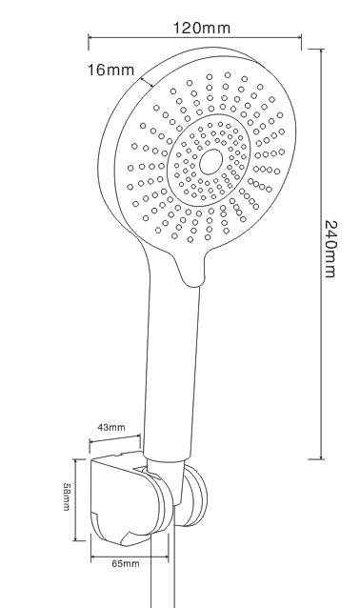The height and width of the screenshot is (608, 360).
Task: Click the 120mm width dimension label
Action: [201, 28]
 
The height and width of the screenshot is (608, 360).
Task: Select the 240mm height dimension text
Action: [330, 250]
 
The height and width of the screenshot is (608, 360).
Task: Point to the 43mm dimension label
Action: [111, 427]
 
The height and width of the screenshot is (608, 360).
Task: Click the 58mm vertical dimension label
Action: [67, 497]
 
